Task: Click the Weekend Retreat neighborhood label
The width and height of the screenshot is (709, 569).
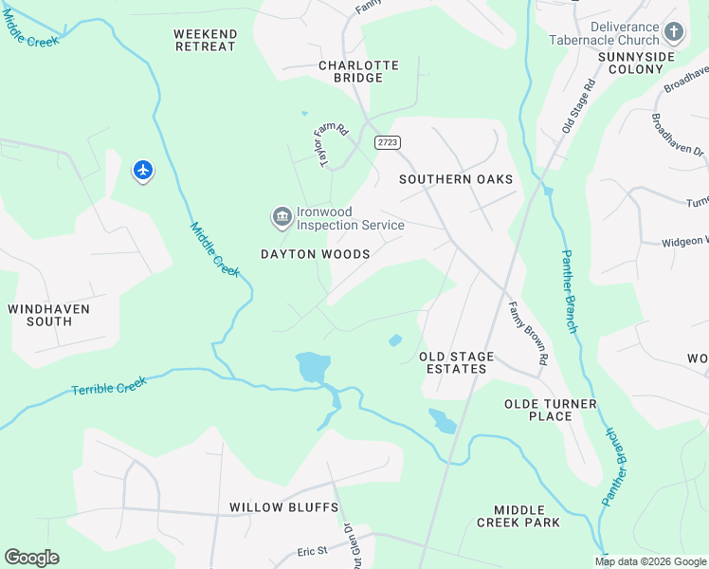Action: click(205, 40)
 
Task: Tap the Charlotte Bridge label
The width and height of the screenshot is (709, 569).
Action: click(358, 72)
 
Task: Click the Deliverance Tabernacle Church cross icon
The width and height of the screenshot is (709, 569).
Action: click(674, 33)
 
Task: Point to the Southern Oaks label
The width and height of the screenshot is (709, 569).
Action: click(455, 179)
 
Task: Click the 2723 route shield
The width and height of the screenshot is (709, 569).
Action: click(387, 142)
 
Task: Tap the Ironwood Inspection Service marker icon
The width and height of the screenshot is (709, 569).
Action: click(282, 218)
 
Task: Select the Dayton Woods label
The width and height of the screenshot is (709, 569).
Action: click(316, 254)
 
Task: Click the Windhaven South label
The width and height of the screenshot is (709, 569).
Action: click(48, 315)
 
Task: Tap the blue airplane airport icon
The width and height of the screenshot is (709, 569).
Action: click(143, 171)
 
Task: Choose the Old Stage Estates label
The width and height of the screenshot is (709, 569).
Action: click(457, 362)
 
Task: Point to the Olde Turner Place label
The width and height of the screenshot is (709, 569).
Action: click(551, 410)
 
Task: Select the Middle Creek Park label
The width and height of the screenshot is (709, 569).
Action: click(518, 516)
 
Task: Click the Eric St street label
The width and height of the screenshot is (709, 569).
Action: click(312, 550)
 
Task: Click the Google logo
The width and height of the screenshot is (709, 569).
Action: click(31, 558)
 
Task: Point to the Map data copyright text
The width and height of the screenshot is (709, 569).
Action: click(650, 561)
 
